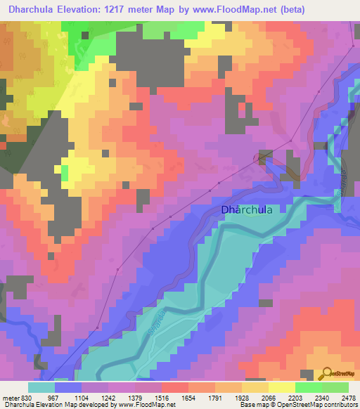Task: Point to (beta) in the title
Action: tap(335, 9)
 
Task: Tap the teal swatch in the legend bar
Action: tap(41, 387)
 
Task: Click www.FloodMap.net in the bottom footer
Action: tap(146, 405)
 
